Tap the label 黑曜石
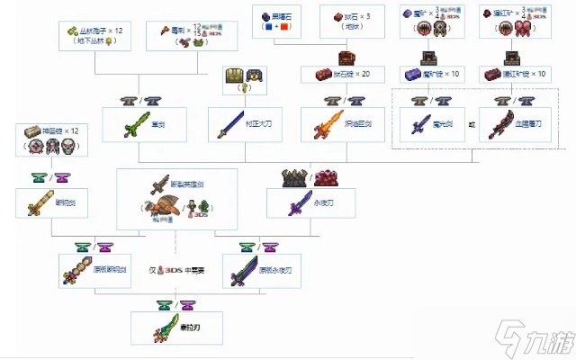(x=275, y=16)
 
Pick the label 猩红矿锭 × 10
(x=520, y=74)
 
